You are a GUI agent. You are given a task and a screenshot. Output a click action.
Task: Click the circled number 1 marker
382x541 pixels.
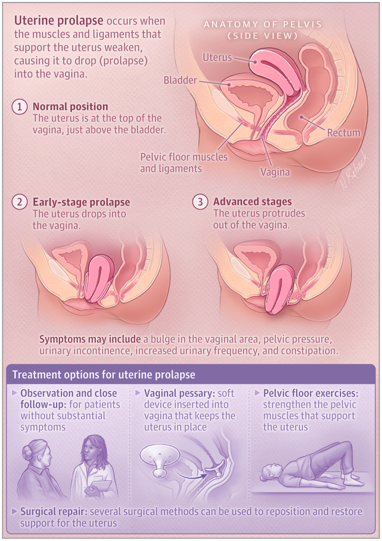point(20,107)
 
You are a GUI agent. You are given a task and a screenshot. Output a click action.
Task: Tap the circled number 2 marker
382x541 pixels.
point(20,202)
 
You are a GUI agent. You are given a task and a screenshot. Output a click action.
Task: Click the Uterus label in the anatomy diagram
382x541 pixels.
point(217,58)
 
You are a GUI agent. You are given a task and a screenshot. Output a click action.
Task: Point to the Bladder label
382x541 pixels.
point(180,80)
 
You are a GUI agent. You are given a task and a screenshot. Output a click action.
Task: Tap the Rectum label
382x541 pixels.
point(343,133)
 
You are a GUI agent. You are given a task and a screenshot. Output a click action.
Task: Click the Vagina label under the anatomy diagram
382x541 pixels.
point(275,173)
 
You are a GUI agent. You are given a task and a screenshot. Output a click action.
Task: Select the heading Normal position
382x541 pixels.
point(70,107)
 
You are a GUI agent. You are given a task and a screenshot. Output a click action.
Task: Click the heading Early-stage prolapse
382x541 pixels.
point(81,202)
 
